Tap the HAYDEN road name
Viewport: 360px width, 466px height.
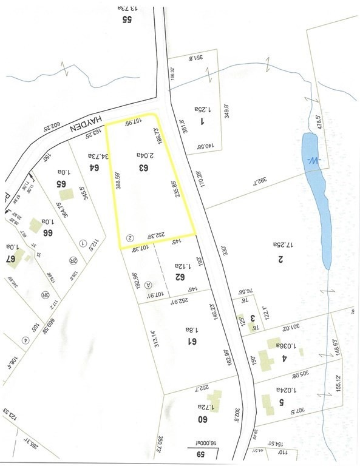pyautogui.click(x=84, y=127)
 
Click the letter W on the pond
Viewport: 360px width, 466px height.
pyautogui.click(x=312, y=161)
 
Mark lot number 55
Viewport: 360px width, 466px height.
pyautogui.click(x=127, y=19)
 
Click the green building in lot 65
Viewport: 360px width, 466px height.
pyautogui.click(x=67, y=195)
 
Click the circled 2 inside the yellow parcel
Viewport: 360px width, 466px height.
pyautogui.click(x=129, y=237)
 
